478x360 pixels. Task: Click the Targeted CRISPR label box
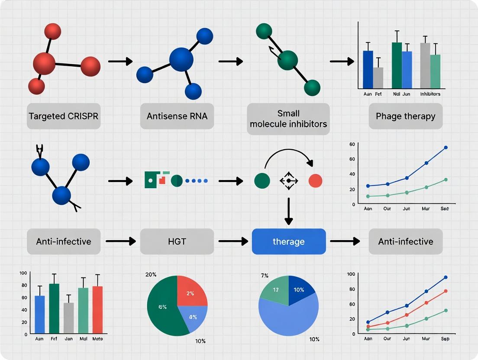tap(64, 116)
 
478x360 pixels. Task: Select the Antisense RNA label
tap(177, 116)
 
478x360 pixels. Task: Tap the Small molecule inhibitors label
tap(288, 119)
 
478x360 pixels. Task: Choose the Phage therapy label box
tap(405, 116)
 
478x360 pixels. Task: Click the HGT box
tap(177, 241)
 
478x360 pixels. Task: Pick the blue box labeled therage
tap(289, 241)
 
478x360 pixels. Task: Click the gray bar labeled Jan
tap(68, 318)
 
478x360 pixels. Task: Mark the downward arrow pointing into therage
tap(289, 212)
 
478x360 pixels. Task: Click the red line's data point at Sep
tap(445, 291)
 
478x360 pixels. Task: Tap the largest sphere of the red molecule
tap(44, 63)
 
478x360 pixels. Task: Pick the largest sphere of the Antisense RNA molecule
tap(181, 59)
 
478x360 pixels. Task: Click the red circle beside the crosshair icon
tap(315, 181)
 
